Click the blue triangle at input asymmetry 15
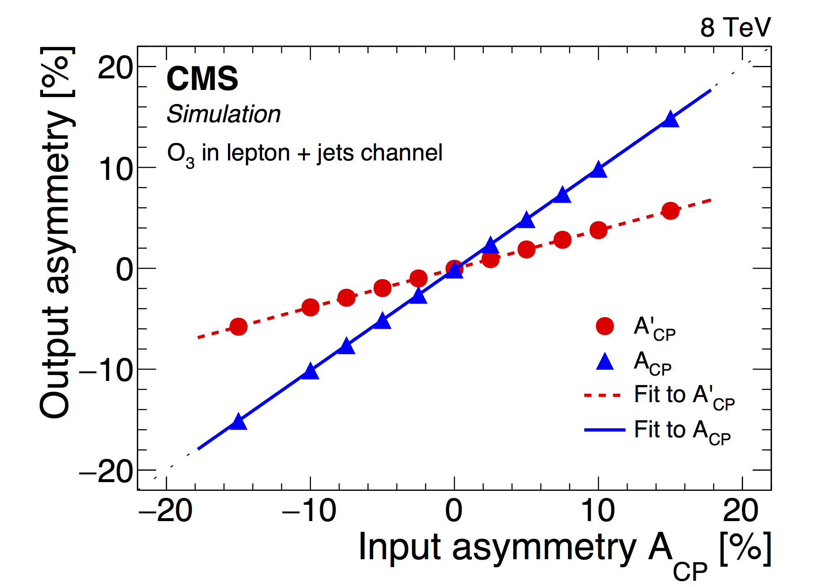coord(670,119)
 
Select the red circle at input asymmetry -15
coord(238,327)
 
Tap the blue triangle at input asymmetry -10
coord(310,371)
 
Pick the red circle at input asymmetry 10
coord(598,230)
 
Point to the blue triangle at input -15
coord(238,422)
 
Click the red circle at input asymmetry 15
coord(670,211)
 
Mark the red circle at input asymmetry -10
coord(311,307)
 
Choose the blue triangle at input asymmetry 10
coord(598,170)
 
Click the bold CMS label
coord(202,78)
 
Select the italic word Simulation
coord(223,114)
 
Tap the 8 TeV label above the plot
coord(735,27)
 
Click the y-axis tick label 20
coord(115,68)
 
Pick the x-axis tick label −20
coord(165,511)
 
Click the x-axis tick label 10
coord(598,511)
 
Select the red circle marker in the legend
coord(605,326)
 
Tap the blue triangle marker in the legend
coord(605,361)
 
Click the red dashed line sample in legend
coord(602,395)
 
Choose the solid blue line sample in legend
coord(605,430)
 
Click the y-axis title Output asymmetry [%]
coord(57,232)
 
